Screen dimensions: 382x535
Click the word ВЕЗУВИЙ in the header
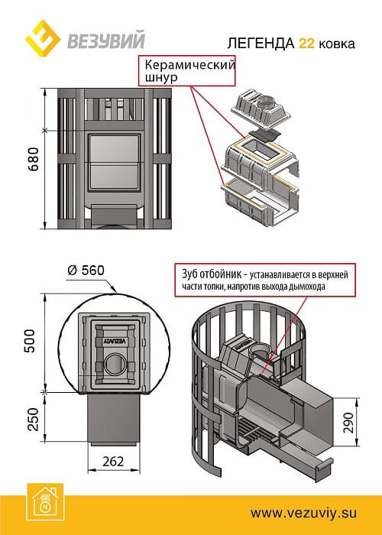[106, 40]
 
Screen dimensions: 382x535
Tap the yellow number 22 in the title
[306, 44]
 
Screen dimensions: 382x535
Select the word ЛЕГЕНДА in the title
[261, 44]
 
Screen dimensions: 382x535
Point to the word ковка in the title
[337, 44]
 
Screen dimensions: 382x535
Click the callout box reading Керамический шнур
[187, 70]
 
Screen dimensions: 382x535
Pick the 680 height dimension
[34, 159]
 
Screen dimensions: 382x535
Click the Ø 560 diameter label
[86, 271]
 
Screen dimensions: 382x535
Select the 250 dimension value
[33, 419]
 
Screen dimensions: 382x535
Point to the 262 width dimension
[113, 462]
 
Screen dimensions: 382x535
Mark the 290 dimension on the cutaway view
[348, 423]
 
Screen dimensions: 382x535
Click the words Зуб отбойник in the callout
[211, 274]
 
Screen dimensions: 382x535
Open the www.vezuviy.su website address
[303, 513]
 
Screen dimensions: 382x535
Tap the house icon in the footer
[44, 503]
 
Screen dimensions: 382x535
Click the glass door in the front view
[114, 162]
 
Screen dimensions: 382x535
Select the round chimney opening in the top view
[115, 364]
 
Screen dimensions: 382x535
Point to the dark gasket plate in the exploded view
[265, 135]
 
